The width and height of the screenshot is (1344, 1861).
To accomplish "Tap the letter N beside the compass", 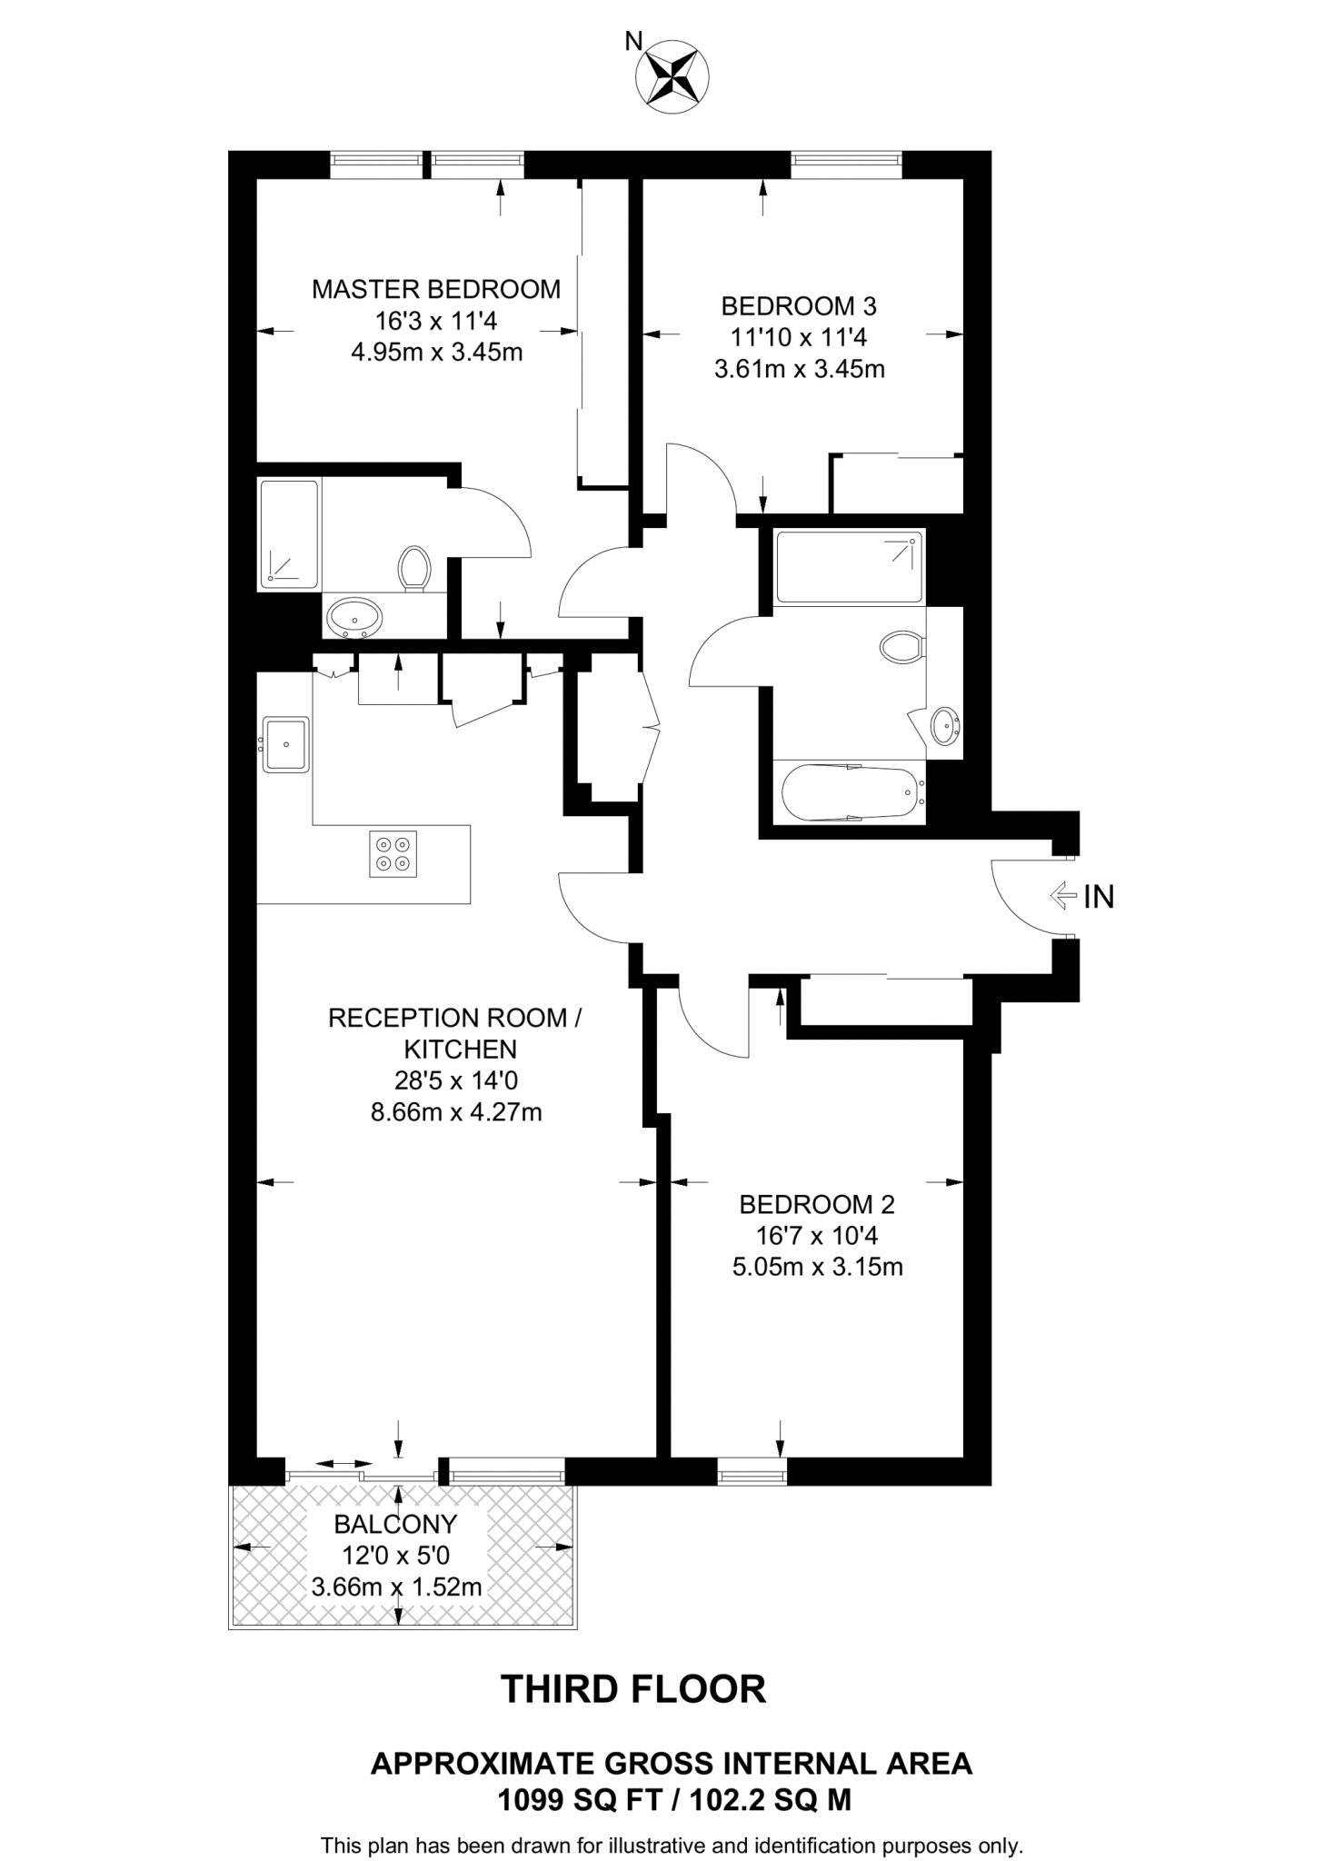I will pyautogui.click(x=633, y=40).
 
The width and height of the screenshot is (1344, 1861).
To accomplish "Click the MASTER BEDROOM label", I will pyautogui.click(x=436, y=290).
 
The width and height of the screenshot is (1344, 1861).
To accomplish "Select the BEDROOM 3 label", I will pyautogui.click(x=799, y=306).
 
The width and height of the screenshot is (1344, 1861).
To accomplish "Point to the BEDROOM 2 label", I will pyautogui.click(x=817, y=1205).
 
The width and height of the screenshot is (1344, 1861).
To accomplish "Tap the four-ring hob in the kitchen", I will pyautogui.click(x=393, y=854).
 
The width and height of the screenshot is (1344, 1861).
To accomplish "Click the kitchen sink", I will pyautogui.click(x=286, y=744).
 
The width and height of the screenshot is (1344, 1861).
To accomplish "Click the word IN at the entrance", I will pyautogui.click(x=1099, y=898).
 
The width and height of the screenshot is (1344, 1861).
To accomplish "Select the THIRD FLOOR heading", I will pyautogui.click(x=633, y=1688).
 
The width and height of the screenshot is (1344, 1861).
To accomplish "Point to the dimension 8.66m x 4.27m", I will pyautogui.click(x=456, y=1112).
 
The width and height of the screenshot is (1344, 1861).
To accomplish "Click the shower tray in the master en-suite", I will pyautogui.click(x=290, y=533).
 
